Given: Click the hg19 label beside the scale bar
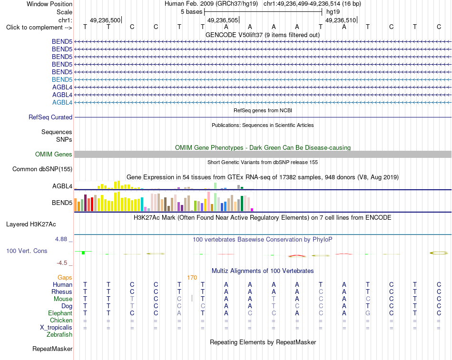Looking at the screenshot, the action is point(333,12).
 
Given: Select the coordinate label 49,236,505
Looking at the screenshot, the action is point(223,20).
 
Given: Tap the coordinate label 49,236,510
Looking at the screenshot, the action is point(341,20).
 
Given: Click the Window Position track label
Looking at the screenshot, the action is point(49,4).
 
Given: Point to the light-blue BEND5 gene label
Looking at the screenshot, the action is point(62,79).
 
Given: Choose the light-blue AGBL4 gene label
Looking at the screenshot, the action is point(62,102).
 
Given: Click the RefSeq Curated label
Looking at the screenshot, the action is point(50,117).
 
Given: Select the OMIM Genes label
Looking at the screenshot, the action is point(54,154).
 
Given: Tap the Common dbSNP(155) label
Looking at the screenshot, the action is point(42,169).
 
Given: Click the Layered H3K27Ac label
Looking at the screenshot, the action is point(31,224).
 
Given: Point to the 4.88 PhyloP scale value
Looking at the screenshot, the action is point(61,239).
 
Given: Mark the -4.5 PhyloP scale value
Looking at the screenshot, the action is point(62,263).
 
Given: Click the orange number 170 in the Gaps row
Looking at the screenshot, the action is point(192,278).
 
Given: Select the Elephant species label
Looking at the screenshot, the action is point(60,313).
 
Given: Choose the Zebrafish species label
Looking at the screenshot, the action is point(59,335).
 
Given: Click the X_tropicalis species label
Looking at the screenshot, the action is point(56,328).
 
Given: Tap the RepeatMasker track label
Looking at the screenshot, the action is point(52,349).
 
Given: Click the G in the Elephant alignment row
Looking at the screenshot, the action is point(368,313).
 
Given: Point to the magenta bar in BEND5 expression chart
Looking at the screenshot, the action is point(252,210).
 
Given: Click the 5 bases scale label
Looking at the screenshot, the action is point(191,12).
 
